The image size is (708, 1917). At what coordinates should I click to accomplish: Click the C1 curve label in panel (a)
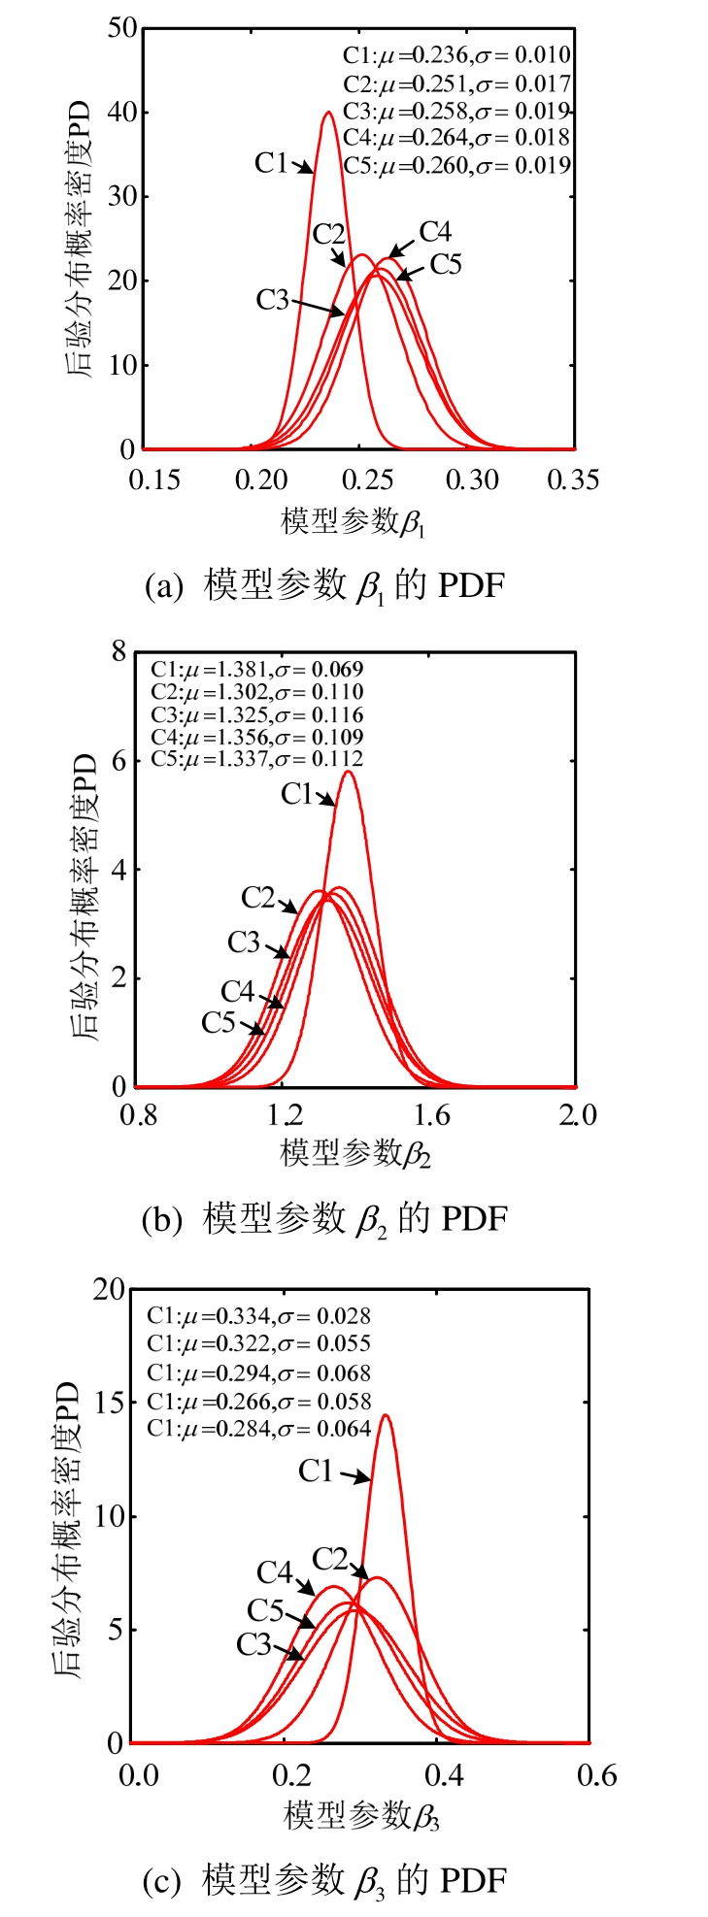tap(271, 163)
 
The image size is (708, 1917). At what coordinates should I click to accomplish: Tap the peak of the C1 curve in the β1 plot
tap(328, 113)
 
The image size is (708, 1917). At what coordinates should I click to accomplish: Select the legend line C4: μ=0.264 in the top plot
tap(456, 138)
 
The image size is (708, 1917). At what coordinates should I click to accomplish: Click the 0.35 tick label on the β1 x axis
tap(573, 479)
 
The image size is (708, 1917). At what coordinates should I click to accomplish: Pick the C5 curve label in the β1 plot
tap(445, 264)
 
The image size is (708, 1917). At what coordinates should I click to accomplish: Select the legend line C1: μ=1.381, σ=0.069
tap(256, 669)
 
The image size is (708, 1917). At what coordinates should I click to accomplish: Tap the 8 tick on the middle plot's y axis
tap(118, 651)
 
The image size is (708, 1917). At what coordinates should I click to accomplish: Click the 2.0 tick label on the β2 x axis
tap(577, 1115)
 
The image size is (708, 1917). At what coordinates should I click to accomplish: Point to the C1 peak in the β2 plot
tap(348, 773)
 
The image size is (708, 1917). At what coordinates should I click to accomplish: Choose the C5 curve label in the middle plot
tap(219, 1022)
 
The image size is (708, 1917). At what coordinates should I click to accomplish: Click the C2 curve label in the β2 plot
tap(258, 898)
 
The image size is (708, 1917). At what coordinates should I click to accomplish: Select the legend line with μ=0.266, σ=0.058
tap(258, 1402)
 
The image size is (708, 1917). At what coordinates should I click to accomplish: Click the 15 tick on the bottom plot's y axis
tap(109, 1403)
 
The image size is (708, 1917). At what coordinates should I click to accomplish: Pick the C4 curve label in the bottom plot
tap(275, 1571)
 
